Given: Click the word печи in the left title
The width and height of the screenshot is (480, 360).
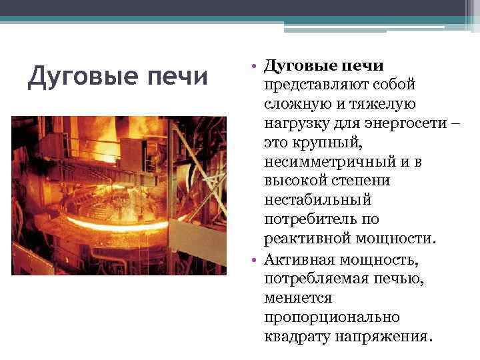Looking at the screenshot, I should [x=180, y=77].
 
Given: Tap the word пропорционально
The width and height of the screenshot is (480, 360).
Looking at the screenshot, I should [x=331, y=316].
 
